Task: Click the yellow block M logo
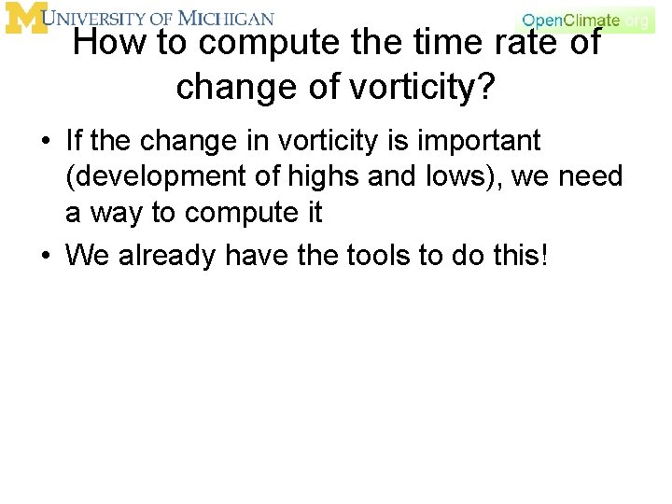point(24,18)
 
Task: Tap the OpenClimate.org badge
point(586,20)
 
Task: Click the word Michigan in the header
point(226,18)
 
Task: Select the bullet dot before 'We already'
point(45,255)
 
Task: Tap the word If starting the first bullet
point(75,141)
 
